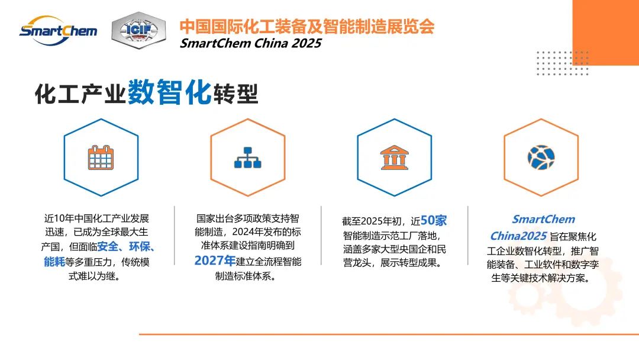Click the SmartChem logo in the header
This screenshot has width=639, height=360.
pos(57,29)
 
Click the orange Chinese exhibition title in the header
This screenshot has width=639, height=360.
pos(306,26)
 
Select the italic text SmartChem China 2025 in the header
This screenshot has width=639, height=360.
pos(250,43)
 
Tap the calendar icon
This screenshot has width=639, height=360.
pos(101,157)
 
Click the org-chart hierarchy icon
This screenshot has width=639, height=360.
pos(248,157)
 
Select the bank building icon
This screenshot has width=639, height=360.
pos(395,157)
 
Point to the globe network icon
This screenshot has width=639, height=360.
pos(541,157)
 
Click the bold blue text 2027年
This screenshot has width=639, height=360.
pos(215,261)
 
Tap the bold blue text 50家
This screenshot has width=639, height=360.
pos(434,221)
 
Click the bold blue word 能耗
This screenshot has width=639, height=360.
pos(54,261)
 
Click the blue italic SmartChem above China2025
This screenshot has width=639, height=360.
pos(543,220)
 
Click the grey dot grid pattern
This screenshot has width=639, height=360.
pos(561,63)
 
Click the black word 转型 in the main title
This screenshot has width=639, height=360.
pos(235,94)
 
